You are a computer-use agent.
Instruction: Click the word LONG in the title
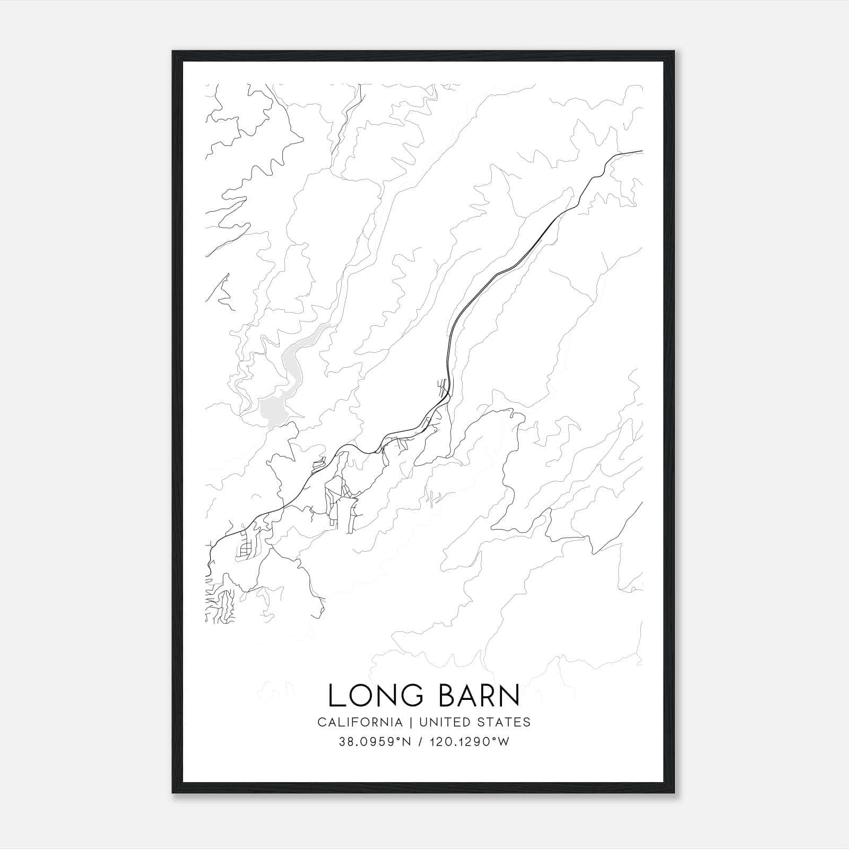click(x=375, y=696)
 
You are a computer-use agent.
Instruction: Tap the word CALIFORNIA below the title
click(x=360, y=722)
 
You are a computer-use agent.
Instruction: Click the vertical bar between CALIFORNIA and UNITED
click(x=411, y=722)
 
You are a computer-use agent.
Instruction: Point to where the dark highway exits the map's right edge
click(x=641, y=152)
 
